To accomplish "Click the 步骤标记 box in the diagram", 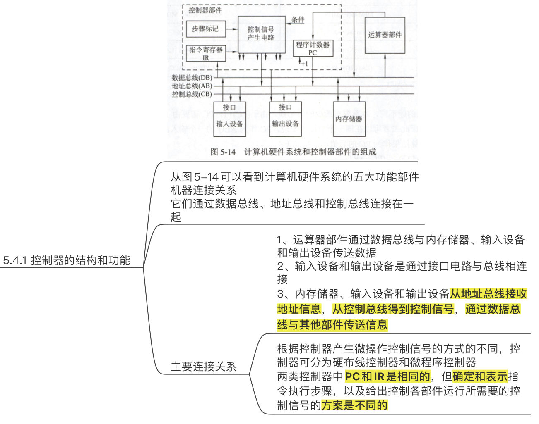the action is pos(205,29).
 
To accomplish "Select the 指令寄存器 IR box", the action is pos(206,53).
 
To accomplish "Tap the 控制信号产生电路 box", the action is pos(261,34).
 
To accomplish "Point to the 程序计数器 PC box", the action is pos(313,48).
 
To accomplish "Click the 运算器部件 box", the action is pos(385,35).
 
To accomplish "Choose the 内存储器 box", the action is pos(349,119).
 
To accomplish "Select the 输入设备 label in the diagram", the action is pos(229,124).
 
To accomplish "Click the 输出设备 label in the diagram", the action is pos(285,124).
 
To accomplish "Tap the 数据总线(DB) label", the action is pos(192,78).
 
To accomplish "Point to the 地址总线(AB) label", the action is pos(192,86).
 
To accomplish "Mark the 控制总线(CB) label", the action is pos(192,94).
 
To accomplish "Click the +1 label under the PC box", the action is pos(304,64).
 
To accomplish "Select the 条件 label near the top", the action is pos(298,19).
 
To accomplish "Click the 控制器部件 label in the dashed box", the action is pos(205,10).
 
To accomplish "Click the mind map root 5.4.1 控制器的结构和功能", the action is pos(66,260).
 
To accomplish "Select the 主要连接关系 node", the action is pos(203,367).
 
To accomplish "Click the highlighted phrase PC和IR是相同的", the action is pos(387,376).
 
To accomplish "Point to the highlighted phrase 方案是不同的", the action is pos(354,405).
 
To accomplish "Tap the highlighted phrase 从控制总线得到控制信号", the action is pos(393,309).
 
